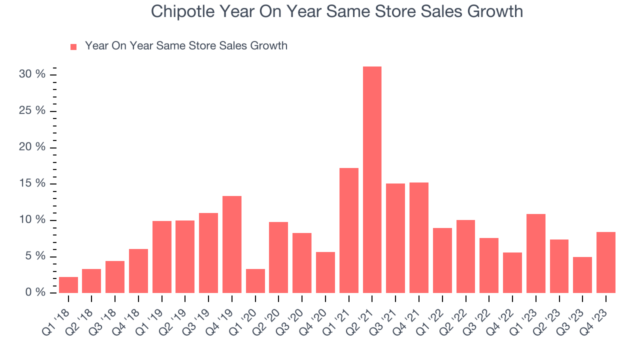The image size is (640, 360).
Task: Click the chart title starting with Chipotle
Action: pos(337,11)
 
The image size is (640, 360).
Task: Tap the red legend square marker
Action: pos(73,46)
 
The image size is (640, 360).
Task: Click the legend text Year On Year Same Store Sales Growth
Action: pos(186,46)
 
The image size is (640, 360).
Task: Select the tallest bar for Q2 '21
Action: pos(372,179)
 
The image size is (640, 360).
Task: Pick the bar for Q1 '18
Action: pos(68,285)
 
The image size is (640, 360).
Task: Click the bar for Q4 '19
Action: pos(232,244)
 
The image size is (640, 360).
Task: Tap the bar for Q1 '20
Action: pos(255,281)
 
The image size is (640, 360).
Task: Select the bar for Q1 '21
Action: pos(348,230)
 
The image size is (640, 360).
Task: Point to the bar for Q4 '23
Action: pos(605,262)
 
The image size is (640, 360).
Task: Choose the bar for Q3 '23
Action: pos(582,275)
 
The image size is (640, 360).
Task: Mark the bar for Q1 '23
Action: pos(535,253)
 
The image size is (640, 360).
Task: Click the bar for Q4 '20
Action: pos(325,272)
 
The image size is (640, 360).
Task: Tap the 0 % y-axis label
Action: pos(36,292)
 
